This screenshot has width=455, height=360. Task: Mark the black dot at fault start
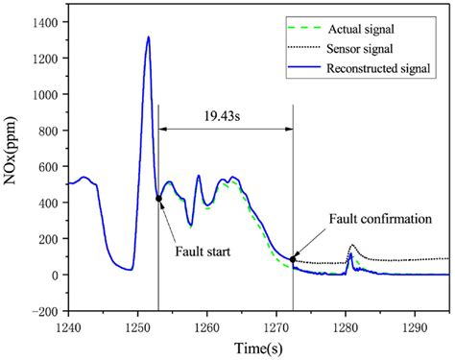(x=158, y=199)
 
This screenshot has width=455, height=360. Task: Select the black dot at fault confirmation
(x=293, y=259)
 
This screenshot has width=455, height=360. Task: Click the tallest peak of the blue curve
(x=148, y=37)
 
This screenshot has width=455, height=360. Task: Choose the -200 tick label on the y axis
(x=45, y=311)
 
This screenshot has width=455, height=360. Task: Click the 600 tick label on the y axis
(x=49, y=167)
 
